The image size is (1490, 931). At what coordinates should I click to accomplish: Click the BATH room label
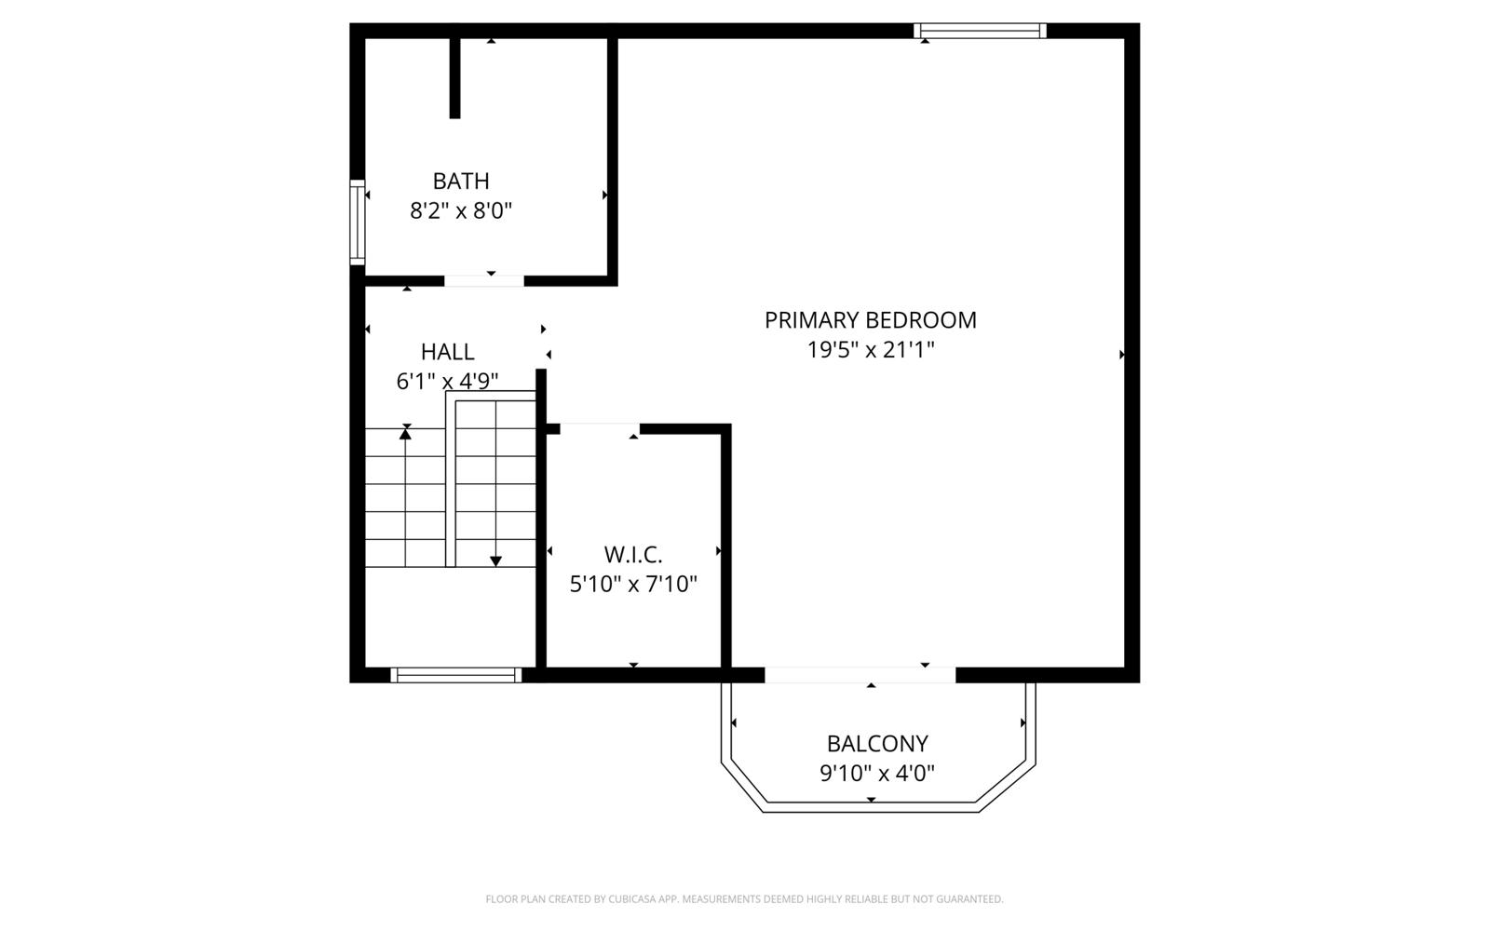pos(461,181)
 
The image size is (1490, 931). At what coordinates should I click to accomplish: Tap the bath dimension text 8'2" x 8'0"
pos(461,210)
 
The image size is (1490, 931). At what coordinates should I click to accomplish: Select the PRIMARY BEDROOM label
pos(871,320)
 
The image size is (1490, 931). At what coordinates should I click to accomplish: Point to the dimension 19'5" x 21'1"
pos(871,350)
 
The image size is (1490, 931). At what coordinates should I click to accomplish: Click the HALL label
pos(448,352)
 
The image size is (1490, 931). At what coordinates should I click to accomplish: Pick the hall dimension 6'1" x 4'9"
pos(448,381)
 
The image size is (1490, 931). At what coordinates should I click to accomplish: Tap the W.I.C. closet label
pos(633,554)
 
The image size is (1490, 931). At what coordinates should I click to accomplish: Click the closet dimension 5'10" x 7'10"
pos(633,584)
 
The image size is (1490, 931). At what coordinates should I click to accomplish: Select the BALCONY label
pos(877,744)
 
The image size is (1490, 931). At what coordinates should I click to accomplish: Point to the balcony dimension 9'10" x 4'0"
pos(877,774)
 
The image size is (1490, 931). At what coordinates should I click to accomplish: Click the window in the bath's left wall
pos(358,223)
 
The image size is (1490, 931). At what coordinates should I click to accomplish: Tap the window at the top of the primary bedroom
pos(980,31)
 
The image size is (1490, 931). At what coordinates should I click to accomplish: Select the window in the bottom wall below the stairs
pos(455,676)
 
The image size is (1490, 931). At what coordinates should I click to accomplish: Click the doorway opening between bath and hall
pos(484,281)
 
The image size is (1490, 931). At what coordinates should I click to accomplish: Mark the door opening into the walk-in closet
pos(600,429)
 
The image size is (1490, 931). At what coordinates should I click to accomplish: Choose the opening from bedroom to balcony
pos(860,675)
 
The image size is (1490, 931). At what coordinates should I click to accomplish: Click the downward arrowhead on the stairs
pos(495,561)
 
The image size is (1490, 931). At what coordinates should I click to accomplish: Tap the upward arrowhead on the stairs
pos(405,434)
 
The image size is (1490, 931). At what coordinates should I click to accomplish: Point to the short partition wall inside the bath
pos(455,78)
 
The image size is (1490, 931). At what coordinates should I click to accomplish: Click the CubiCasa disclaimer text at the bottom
pos(744,899)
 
